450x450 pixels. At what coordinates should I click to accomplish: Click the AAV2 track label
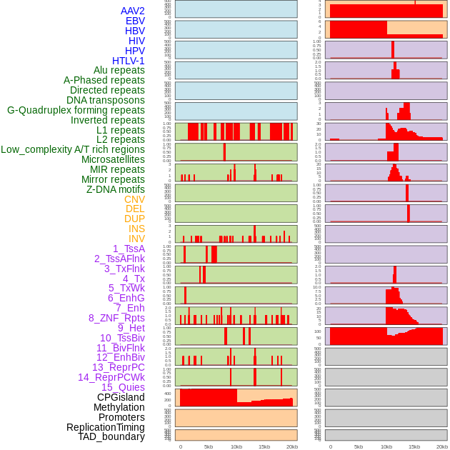tap(133, 11)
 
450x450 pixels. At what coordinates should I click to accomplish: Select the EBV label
tap(135, 21)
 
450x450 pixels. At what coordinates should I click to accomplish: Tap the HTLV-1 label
tap(129, 61)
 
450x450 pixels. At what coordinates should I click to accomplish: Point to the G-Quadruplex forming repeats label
tap(76, 110)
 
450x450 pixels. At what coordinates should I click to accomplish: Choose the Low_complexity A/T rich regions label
tap(73, 149)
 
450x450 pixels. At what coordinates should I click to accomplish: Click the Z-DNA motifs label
tap(116, 189)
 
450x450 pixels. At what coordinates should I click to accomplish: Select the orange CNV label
tap(134, 199)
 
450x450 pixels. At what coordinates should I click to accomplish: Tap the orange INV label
tap(136, 239)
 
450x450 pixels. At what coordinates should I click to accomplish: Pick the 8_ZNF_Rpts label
tap(116, 318)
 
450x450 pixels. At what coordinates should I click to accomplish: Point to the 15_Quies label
tap(122, 387)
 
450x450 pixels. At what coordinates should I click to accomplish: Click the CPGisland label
tap(121, 397)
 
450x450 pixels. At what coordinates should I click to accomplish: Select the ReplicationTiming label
tap(106, 427)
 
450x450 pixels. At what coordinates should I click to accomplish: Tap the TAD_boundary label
tap(111, 436)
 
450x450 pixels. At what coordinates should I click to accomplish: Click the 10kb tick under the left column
tap(236, 446)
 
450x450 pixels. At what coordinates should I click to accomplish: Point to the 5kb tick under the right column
tap(359, 446)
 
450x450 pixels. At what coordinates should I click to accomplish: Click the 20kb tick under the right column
tap(442, 446)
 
